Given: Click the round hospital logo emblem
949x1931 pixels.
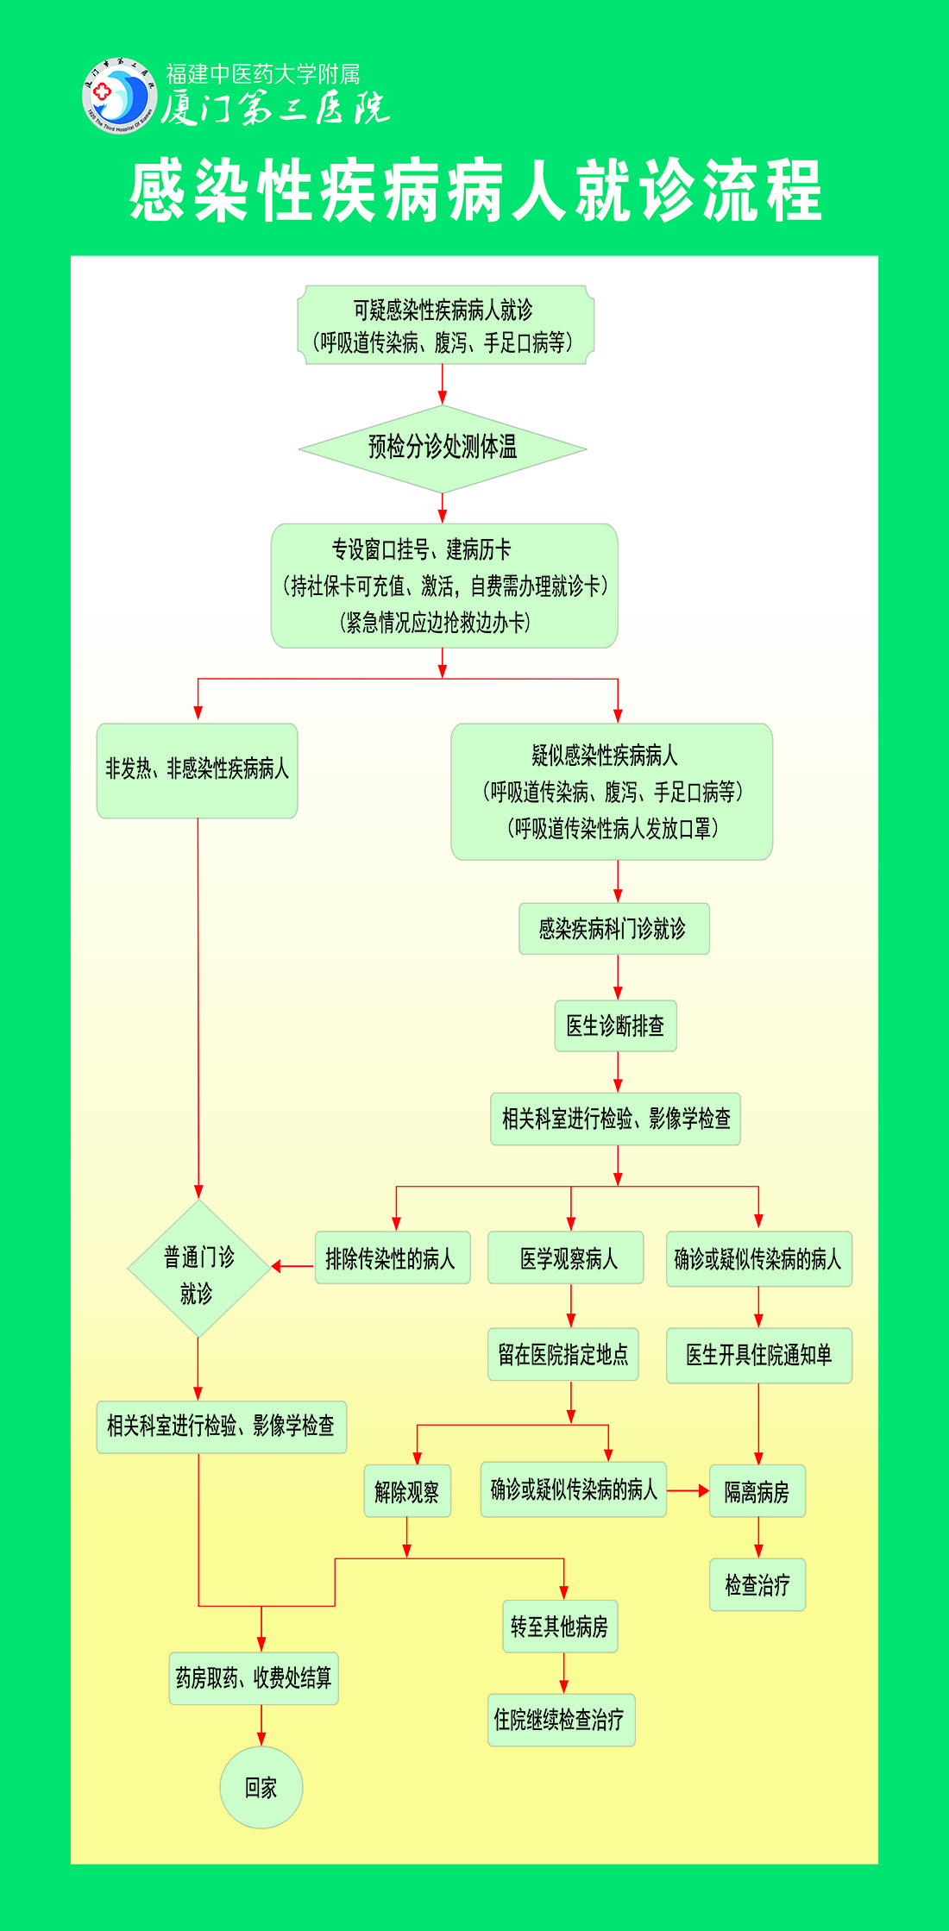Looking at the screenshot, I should click(x=119, y=96).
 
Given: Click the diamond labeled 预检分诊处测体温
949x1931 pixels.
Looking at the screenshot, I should click(x=443, y=448).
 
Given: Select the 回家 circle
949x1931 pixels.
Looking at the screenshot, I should click(x=261, y=1787).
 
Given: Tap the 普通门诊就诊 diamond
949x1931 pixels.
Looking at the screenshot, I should click(x=199, y=1268).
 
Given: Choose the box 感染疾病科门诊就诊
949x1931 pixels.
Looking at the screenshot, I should click(x=613, y=929).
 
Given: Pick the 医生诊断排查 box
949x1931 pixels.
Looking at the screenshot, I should click(x=615, y=1025).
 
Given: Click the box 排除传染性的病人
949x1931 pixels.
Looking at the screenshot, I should click(x=392, y=1258).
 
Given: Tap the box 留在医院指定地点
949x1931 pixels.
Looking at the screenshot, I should click(x=562, y=1354).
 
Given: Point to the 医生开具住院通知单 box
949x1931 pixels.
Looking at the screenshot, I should click(x=758, y=1355).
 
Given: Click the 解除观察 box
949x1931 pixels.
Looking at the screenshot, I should click(x=407, y=1491).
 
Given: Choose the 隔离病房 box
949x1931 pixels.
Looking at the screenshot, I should click(x=757, y=1491).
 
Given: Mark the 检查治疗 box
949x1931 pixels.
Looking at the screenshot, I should click(x=757, y=1584).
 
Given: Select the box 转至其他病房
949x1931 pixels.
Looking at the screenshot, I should click(x=560, y=1627).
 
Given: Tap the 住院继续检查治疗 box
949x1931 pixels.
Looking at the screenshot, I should click(x=561, y=1720).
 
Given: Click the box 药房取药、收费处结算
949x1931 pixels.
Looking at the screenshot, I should click(x=254, y=1677).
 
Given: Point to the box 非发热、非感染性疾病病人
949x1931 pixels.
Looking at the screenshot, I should click(x=197, y=769).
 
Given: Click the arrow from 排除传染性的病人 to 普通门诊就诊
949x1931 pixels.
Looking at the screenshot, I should click(x=292, y=1266).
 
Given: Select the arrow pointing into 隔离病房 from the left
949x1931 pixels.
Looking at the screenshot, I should click(x=688, y=1490).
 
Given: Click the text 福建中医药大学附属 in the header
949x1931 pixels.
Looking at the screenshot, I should click(x=262, y=74).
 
